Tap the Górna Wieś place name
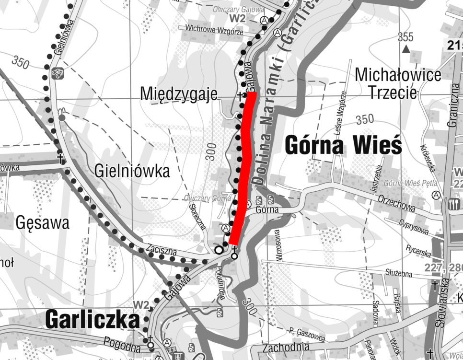(343, 145)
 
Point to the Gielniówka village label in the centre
(132, 171)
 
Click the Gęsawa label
(42, 222)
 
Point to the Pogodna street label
(122, 344)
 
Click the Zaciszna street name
(162, 249)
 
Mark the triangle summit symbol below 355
(406, 48)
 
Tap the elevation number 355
(405, 36)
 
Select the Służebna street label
(398, 273)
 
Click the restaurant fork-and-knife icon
(453, 204)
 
